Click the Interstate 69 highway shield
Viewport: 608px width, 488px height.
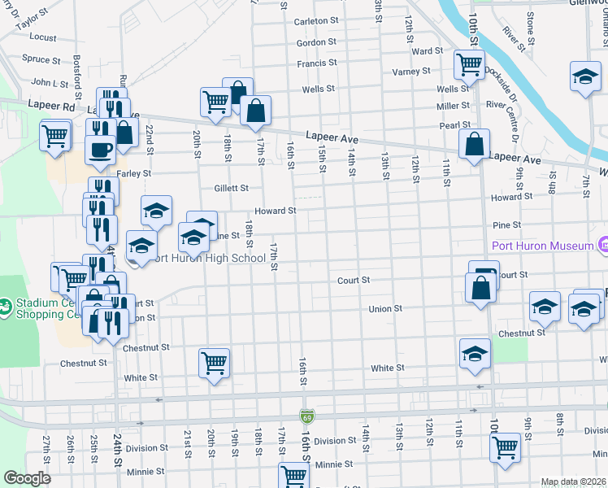[306, 416]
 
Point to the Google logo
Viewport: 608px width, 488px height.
[27, 478]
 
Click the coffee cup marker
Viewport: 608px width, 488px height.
[101, 150]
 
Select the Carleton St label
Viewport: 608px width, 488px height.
[316, 20]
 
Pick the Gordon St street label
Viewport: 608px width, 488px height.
[316, 42]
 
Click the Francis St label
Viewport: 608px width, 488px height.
[316, 63]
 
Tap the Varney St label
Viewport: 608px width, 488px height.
[412, 72]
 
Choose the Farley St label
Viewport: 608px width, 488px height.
[134, 173]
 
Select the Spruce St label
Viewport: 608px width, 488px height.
[41, 59]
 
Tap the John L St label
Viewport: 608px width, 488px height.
[48, 82]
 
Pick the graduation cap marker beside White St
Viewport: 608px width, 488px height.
[475, 354]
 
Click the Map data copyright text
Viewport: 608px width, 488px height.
[573, 481]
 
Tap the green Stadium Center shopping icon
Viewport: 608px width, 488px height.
[7, 307]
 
